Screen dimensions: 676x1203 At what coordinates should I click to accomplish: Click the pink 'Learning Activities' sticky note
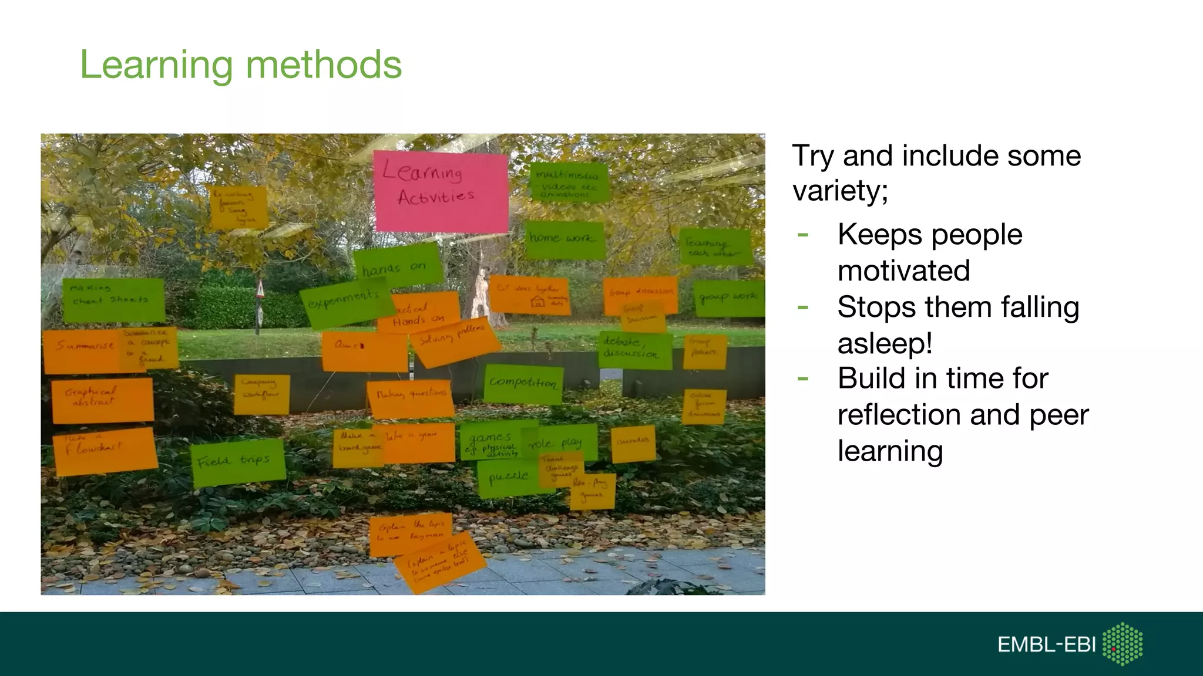click(x=441, y=191)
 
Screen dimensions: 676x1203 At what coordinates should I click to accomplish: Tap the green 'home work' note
click(x=564, y=239)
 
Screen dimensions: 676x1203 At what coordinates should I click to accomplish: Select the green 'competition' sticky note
click(x=523, y=384)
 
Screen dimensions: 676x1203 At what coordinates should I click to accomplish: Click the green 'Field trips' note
click(x=237, y=462)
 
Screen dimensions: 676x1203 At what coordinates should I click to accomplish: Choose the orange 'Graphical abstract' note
click(x=102, y=400)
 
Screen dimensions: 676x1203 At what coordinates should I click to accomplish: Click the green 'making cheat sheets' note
click(x=113, y=300)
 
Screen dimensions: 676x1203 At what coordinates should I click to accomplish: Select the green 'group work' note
click(x=728, y=298)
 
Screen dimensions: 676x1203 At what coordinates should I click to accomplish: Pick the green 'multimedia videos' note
click(x=568, y=182)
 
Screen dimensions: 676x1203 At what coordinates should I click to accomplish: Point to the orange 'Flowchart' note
click(x=105, y=451)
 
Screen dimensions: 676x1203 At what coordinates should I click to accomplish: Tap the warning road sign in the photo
click(x=260, y=289)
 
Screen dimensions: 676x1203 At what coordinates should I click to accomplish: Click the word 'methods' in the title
click(x=323, y=65)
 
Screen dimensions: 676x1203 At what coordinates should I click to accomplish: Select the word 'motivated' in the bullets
click(x=903, y=271)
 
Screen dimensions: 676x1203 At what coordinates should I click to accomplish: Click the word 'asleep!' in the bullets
click(x=885, y=343)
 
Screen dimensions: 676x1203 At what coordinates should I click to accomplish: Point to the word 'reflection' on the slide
click(x=899, y=415)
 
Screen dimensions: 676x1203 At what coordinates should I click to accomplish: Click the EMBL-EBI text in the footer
click(x=1046, y=645)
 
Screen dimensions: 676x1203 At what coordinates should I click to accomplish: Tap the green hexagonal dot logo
click(x=1123, y=644)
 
